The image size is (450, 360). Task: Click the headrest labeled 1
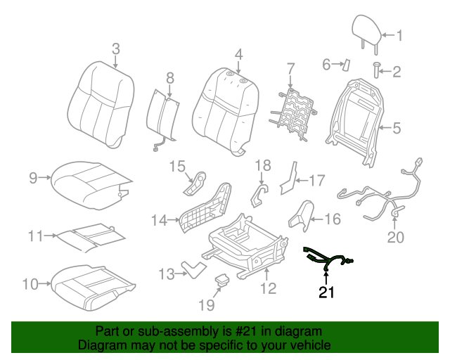[366, 30]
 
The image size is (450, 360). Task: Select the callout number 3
[116, 49]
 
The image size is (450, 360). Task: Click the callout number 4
[238, 54]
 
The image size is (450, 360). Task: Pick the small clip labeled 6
[346, 64]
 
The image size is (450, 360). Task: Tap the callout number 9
[33, 178]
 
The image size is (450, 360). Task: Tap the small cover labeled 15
[196, 184]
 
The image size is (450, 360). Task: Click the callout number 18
[262, 165]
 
